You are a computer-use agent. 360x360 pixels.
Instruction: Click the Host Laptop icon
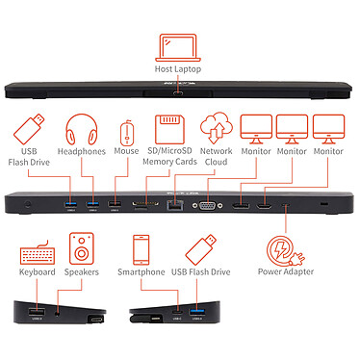pos(178,47)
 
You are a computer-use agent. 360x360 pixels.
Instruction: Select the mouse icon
pos(127,133)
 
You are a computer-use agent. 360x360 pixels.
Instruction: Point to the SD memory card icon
pos(169,129)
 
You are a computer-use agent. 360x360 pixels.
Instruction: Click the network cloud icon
pos(217,128)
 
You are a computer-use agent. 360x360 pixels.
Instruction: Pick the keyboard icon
pos(38,253)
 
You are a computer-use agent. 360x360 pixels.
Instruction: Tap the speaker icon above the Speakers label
pos(82,248)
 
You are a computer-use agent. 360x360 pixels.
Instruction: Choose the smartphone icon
pos(141,249)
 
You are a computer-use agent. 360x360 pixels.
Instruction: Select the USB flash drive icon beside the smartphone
pos(201,249)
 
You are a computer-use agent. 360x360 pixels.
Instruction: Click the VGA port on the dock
pos(207,205)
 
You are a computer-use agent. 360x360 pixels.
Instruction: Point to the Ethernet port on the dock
pos(174,205)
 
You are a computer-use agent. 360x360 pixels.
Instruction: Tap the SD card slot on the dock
pos(146,204)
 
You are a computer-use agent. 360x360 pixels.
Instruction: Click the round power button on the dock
pos(28,204)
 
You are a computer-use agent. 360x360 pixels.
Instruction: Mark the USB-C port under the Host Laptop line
pos(178,93)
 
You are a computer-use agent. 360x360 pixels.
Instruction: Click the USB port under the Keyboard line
pos(37,312)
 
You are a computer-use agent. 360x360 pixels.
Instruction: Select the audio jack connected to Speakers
pos(57,313)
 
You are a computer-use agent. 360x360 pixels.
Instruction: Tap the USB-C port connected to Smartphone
pos(177,312)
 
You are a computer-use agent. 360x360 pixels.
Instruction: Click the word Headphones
pos(82,151)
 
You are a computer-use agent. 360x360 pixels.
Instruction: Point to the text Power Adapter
pos(286,271)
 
